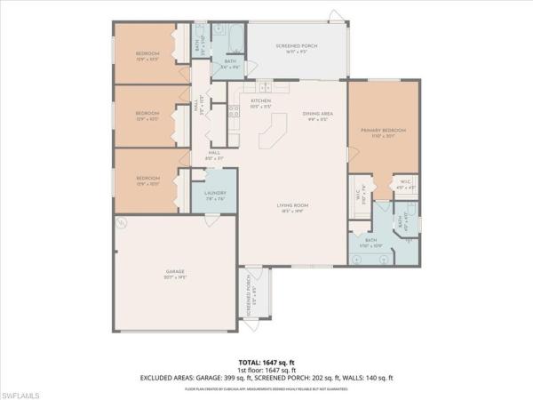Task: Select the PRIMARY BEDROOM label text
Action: click(x=383, y=131)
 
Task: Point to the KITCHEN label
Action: click(x=260, y=101)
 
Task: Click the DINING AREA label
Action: click(x=317, y=113)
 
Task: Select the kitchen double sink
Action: click(x=266, y=86)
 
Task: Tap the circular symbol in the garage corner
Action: click(x=123, y=220)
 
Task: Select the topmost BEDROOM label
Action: click(x=147, y=53)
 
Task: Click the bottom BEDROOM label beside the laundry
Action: click(x=147, y=178)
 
